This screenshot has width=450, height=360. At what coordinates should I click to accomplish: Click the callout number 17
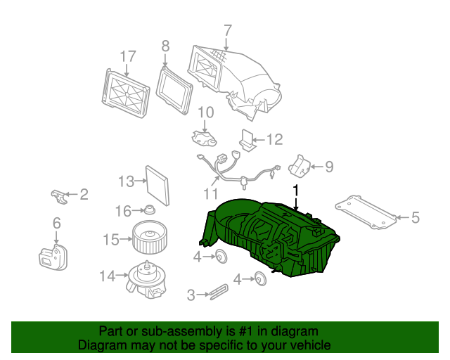(127, 56)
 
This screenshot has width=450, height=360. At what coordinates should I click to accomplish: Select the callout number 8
(165, 46)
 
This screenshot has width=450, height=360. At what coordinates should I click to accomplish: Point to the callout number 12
(274, 140)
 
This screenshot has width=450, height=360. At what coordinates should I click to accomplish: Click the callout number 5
(415, 218)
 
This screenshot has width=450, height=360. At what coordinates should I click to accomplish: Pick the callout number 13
(126, 182)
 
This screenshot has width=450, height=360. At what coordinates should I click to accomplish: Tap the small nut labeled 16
(149, 210)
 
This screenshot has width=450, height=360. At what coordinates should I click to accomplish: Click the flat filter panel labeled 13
(157, 184)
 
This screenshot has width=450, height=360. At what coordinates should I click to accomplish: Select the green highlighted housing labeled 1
(271, 236)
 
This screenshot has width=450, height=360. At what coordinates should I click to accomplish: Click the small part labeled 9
(300, 167)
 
